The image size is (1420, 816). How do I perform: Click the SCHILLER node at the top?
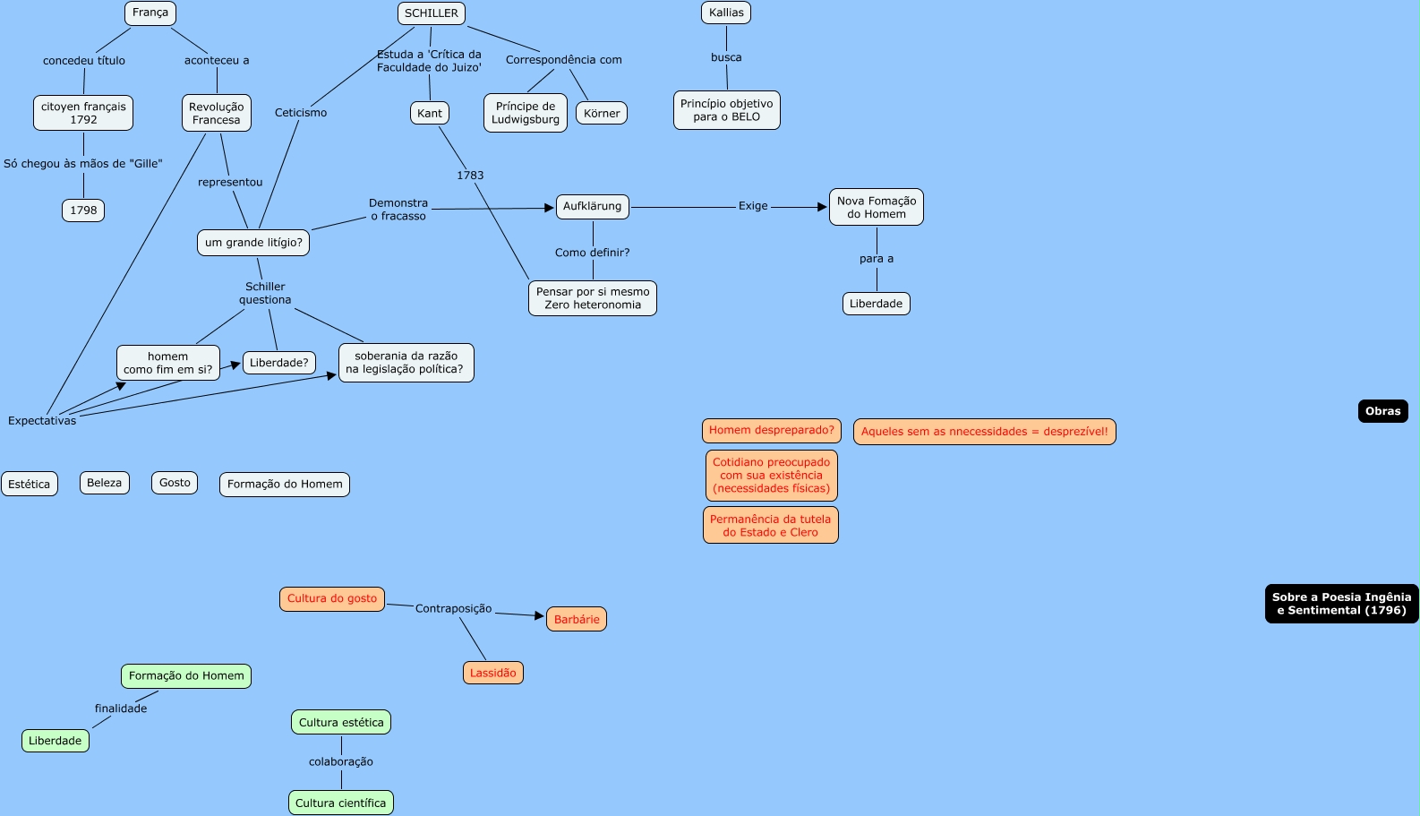[x=432, y=13]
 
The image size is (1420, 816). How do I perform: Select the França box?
[x=150, y=13]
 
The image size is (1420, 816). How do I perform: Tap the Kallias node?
[x=726, y=13]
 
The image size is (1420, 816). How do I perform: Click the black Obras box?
[x=1382, y=411]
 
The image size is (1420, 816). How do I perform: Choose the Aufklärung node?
[x=593, y=207]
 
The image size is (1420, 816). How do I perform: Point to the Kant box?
[x=430, y=113]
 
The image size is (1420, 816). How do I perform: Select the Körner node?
[x=602, y=114]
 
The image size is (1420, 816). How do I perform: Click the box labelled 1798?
[x=83, y=210]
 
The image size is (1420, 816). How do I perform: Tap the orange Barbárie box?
[x=577, y=620]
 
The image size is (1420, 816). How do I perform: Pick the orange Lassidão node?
[x=493, y=673]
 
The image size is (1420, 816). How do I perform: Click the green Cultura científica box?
[x=341, y=803]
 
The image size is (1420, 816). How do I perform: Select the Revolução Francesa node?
[x=217, y=113]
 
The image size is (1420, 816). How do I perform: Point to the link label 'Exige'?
[x=753, y=206]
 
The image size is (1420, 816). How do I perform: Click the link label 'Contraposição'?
[x=453, y=609]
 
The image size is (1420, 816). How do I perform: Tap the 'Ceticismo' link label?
[x=301, y=113]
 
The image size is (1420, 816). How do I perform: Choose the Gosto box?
[x=175, y=483]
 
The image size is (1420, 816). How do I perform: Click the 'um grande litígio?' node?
[x=253, y=243]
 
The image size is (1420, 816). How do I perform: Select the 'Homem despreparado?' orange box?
[x=772, y=431]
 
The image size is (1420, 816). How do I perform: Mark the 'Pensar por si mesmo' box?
[x=593, y=298]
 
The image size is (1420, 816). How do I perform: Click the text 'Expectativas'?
[x=42, y=421]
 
